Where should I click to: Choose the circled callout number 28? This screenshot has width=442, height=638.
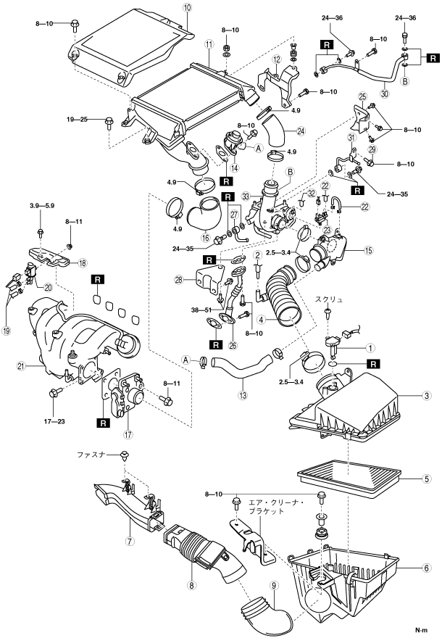point(179,280)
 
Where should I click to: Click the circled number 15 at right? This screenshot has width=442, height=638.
point(368,251)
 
